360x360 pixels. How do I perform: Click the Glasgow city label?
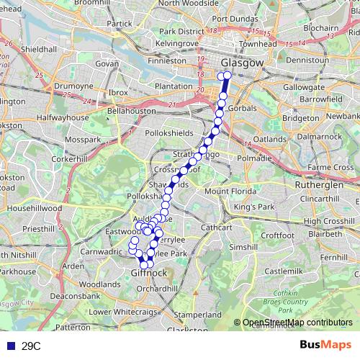[x=243, y=63]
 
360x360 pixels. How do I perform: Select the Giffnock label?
[x=150, y=274]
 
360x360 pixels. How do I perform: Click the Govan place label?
[x=107, y=63]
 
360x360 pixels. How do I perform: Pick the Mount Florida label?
[x=230, y=192]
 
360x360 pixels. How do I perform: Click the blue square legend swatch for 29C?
[x=8, y=346]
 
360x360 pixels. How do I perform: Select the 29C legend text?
[x=31, y=346]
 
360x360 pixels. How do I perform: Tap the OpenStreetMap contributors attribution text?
[x=297, y=323]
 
